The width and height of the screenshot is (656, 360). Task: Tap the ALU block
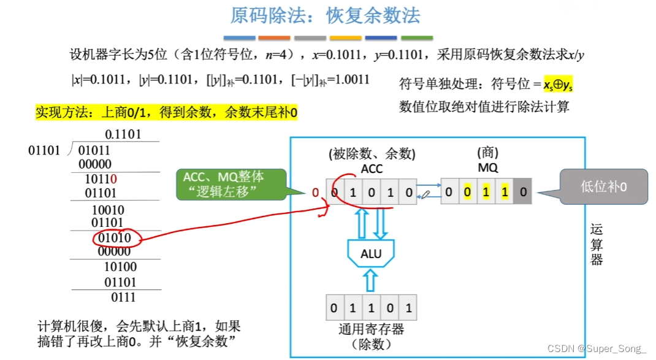pyautogui.click(x=371, y=253)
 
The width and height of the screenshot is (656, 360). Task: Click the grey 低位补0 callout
pyautogui.click(x=603, y=186)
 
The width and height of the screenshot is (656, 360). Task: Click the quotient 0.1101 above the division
pyautogui.click(x=123, y=134)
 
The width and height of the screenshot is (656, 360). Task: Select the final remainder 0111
pyautogui.click(x=123, y=297)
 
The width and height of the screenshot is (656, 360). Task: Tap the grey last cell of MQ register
pyautogui.click(x=522, y=192)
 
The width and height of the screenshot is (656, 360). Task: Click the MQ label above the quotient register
pyautogui.click(x=488, y=167)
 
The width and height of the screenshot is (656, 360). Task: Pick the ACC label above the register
pyautogui.click(x=372, y=167)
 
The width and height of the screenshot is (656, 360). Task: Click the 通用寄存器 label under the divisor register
pyautogui.click(x=372, y=329)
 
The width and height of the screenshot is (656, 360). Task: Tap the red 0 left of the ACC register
pyautogui.click(x=315, y=193)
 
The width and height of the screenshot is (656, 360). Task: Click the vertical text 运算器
pyautogui.click(x=597, y=244)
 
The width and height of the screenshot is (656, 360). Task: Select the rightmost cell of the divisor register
pyautogui.click(x=408, y=307)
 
